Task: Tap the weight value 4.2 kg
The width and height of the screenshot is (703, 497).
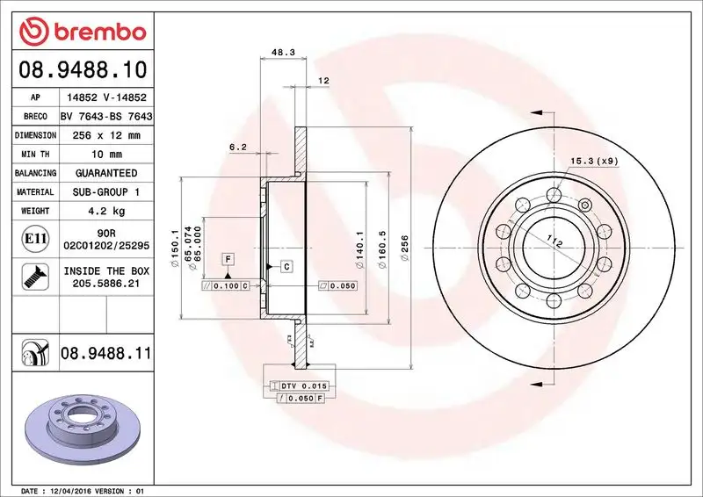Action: point(105,211)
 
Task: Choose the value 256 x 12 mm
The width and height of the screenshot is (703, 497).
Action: point(105,136)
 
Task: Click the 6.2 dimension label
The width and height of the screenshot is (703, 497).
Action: point(237,147)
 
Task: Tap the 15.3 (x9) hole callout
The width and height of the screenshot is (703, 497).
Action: point(594,161)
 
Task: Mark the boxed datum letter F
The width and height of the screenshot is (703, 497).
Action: point(228,259)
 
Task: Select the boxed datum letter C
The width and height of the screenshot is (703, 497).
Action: point(286,265)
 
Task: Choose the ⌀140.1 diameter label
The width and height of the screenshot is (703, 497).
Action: point(359,247)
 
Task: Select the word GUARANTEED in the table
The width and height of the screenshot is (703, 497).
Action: point(105,173)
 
